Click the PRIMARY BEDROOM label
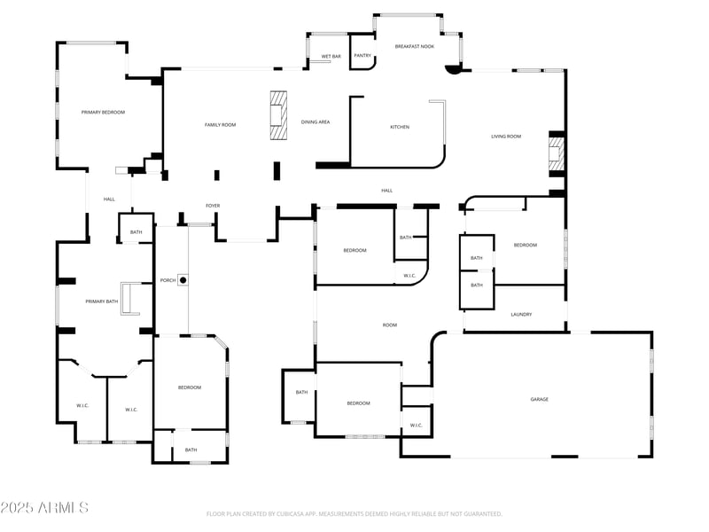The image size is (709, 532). (103, 113)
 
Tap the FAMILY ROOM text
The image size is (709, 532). (220, 125)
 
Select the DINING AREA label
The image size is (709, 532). (316, 121)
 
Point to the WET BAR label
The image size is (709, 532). (331, 56)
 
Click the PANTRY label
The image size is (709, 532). (362, 56)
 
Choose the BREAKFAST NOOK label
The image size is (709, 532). (413, 46)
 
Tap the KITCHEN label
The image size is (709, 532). (400, 127)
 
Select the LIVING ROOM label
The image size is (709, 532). (506, 137)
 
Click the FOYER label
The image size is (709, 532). (213, 206)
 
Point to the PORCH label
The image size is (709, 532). (168, 280)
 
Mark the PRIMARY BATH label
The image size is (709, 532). (101, 301)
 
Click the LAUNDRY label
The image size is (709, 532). (521, 315)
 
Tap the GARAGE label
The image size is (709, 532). (539, 400)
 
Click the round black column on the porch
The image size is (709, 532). (183, 280)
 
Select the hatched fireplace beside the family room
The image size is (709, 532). (279, 115)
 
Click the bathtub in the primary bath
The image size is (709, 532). (130, 299)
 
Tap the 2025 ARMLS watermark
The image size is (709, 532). (44, 508)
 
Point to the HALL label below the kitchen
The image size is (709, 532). (386, 191)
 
